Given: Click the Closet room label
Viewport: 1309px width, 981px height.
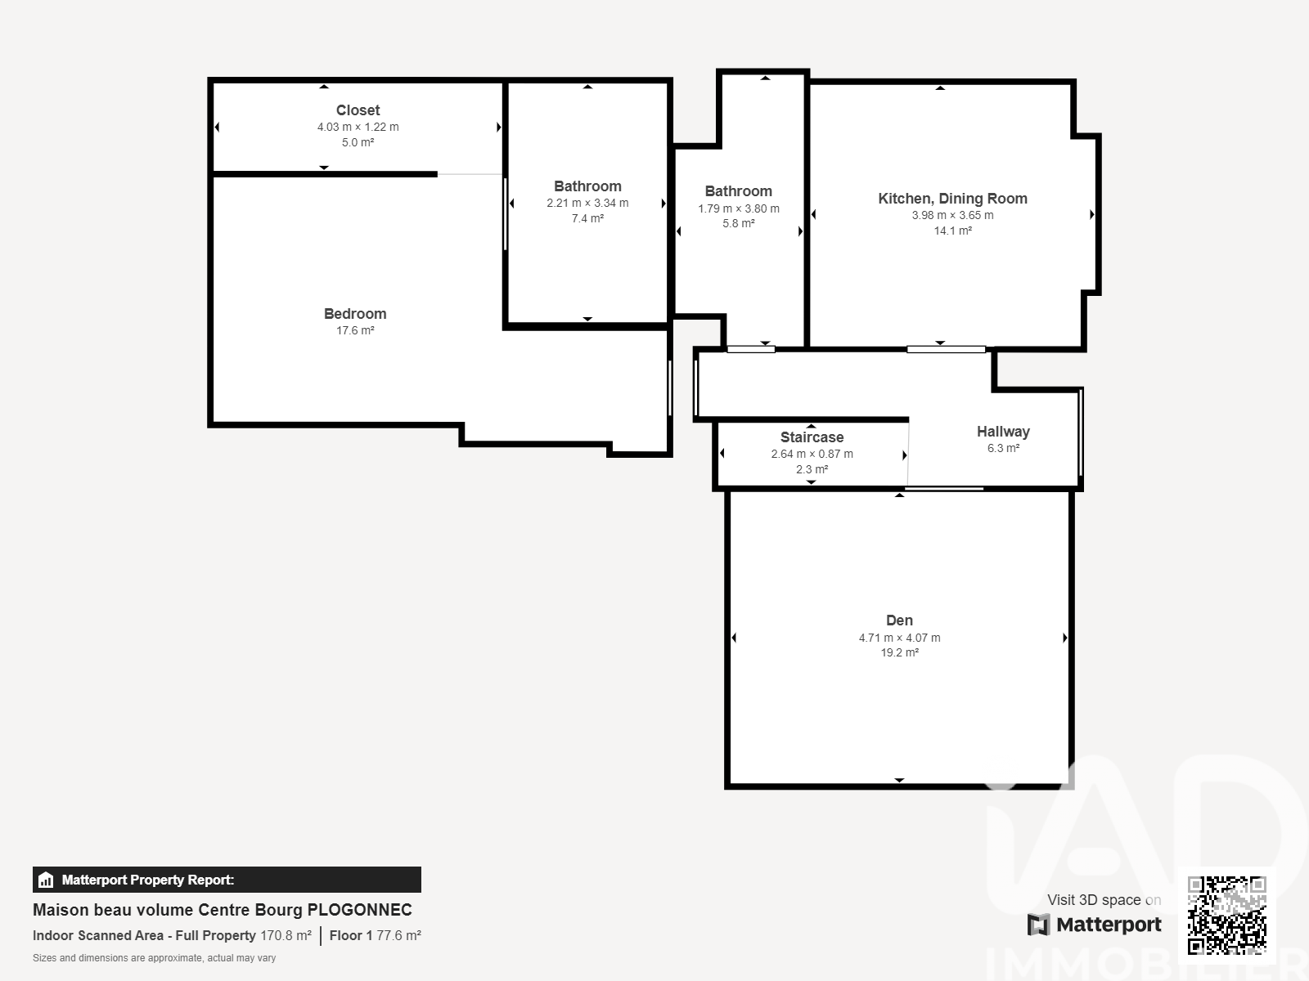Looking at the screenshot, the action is click(x=358, y=110).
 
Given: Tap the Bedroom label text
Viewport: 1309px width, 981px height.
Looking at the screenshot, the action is click(x=355, y=314).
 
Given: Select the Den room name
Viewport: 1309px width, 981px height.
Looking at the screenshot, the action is click(x=899, y=620).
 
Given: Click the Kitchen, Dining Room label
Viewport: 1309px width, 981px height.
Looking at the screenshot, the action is click(x=952, y=199).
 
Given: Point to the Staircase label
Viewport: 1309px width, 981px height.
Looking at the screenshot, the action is click(x=812, y=437).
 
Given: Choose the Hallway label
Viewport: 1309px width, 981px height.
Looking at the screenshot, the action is click(x=1003, y=432).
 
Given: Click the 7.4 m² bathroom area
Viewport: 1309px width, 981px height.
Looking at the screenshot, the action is click(x=587, y=218).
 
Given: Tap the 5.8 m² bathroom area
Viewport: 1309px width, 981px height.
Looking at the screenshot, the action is click(x=738, y=223).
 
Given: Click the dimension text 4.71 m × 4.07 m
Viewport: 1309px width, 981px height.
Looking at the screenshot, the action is click(x=899, y=638).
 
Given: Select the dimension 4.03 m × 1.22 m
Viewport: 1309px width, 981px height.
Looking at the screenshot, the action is click(x=358, y=127).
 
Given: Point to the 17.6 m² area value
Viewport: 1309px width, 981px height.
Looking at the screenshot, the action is click(x=355, y=330).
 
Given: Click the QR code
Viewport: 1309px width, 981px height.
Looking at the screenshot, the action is click(x=1226, y=916).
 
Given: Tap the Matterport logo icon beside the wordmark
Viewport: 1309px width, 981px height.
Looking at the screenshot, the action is click(x=1038, y=925).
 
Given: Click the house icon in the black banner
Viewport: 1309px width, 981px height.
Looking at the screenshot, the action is click(x=46, y=880).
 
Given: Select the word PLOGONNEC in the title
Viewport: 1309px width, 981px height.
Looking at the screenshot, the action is click(x=359, y=910).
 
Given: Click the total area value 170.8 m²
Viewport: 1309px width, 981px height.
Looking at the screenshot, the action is click(x=286, y=936).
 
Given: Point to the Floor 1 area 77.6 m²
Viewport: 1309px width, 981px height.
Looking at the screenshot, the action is click(x=398, y=936).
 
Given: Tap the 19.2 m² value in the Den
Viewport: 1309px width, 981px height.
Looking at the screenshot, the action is click(x=899, y=653).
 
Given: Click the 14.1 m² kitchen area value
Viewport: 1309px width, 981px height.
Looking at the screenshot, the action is click(x=952, y=231).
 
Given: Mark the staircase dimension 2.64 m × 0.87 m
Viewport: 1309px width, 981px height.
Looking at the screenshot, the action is click(x=812, y=454).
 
